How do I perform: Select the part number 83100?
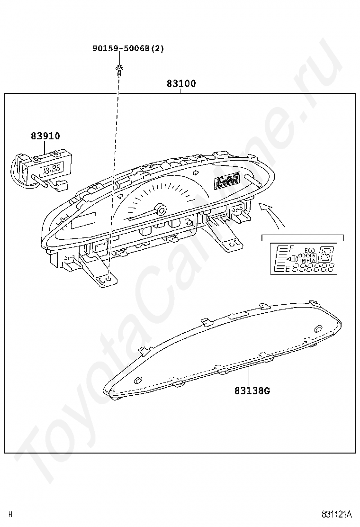(x=181, y=84)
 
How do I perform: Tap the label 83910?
(x=45, y=136)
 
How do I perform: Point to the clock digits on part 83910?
(x=51, y=169)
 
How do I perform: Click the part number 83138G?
(x=252, y=391)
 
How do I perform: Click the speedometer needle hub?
(x=162, y=209)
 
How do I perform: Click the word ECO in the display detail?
(x=309, y=250)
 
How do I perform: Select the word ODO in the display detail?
(x=304, y=256)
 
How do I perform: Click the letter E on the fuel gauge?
(x=288, y=270)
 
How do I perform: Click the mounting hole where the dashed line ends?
(x=108, y=280)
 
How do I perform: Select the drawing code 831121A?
(x=337, y=514)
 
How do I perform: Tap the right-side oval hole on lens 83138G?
(x=317, y=328)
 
